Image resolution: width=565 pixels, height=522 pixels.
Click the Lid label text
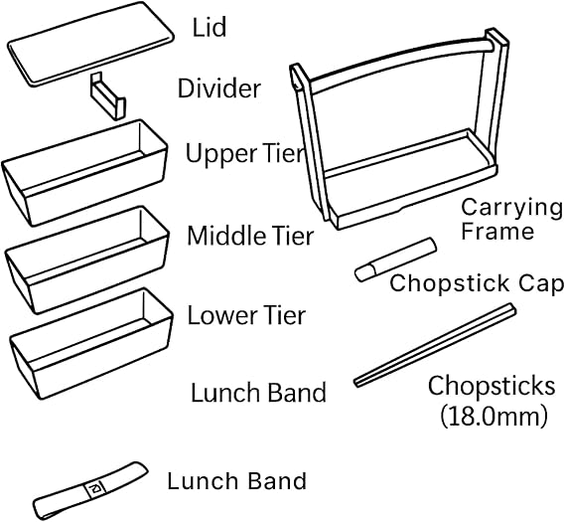pyautogui.click(x=210, y=27)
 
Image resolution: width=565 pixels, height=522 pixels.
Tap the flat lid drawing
pyautogui.click(x=90, y=44)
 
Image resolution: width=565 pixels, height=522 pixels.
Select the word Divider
pyautogui.click(x=219, y=88)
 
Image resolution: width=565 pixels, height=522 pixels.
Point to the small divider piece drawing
pyautogui.click(x=107, y=96)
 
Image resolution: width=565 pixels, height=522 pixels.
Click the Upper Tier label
pyautogui.click(x=245, y=153)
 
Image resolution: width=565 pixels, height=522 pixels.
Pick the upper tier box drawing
pyautogui.click(x=84, y=172)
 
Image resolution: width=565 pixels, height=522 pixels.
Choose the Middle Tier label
pyautogui.click(x=250, y=236)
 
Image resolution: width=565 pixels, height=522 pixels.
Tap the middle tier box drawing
pyautogui.click(x=87, y=260)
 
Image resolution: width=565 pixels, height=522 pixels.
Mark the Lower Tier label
pyautogui.click(x=246, y=315)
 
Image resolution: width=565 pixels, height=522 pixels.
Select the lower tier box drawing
pyautogui.click(x=91, y=343)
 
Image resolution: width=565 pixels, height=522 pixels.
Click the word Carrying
pyautogui.click(x=511, y=209)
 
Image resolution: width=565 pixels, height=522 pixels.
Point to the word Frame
pyautogui.click(x=497, y=232)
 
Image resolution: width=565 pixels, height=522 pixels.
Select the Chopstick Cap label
pyautogui.click(x=477, y=283)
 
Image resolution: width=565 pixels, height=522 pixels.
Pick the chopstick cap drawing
pyautogui.click(x=395, y=260)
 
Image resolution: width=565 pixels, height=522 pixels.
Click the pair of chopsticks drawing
pyautogui.click(x=435, y=345)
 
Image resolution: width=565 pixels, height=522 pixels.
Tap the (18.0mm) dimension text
pyautogui.click(x=493, y=417)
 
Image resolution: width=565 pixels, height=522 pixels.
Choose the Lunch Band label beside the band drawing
pyautogui.click(x=236, y=481)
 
